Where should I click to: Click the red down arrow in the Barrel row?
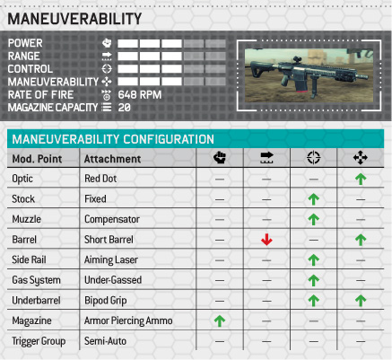[x=266, y=240]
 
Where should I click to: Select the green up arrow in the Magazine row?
[x=220, y=320]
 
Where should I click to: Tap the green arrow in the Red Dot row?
[x=361, y=179]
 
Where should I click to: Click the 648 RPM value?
[x=140, y=95]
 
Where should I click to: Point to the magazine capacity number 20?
[x=125, y=108]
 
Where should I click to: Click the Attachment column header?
[x=112, y=159]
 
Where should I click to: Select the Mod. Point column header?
[x=37, y=159]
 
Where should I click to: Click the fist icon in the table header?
[x=220, y=157]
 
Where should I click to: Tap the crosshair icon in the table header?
[x=313, y=157]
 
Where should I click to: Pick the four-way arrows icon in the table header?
[x=361, y=157]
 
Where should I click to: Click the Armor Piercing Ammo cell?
[x=128, y=320]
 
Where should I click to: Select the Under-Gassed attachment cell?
[x=113, y=280]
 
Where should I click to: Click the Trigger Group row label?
[x=39, y=341]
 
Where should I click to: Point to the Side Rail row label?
[x=29, y=259]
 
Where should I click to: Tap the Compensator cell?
[x=112, y=219]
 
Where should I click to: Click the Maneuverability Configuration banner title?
[x=113, y=139]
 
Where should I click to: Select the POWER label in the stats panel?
[x=25, y=43]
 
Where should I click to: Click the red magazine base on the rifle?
[x=301, y=91]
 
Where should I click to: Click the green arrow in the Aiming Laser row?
[x=313, y=260]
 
